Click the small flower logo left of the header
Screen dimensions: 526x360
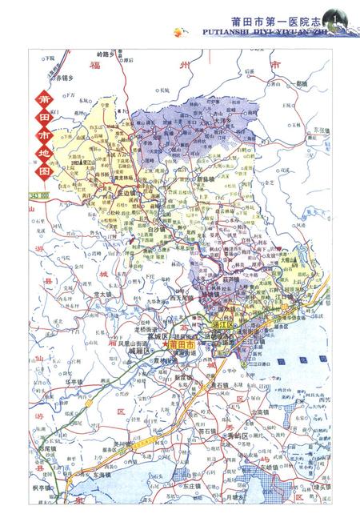click(177, 31)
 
